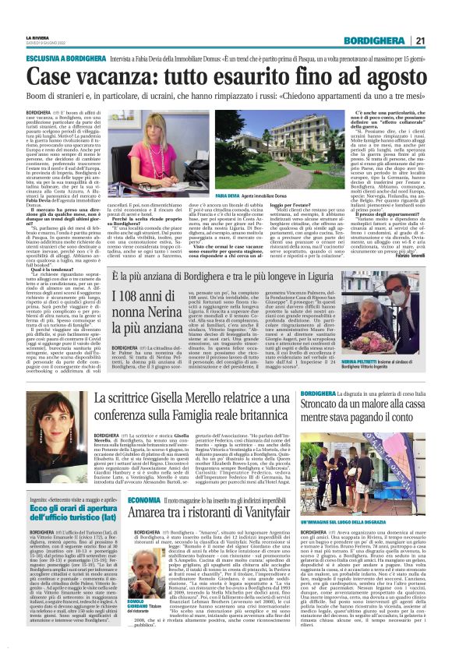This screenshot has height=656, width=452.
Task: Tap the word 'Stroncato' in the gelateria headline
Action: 327,404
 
